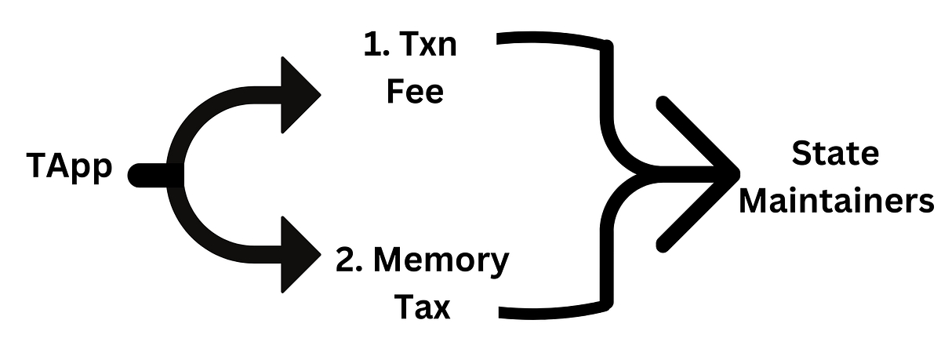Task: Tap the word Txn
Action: pyautogui.click(x=431, y=49)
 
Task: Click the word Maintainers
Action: pyautogui.click(x=836, y=201)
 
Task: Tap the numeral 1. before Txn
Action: pyautogui.click(x=373, y=49)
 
